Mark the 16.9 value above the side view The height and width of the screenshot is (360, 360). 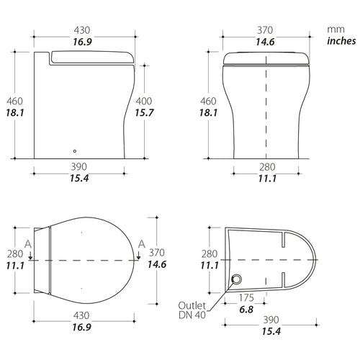85,42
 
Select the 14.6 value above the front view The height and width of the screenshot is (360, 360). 268,42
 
